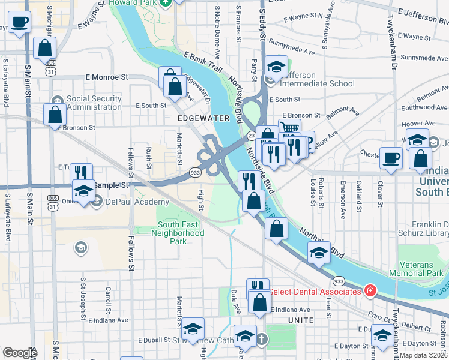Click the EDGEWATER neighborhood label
coord(196,119)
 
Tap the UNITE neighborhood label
coord(300,320)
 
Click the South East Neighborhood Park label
coord(181,233)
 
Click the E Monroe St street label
coord(107,77)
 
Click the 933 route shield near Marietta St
coord(196,172)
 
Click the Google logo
coord(20,353)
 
